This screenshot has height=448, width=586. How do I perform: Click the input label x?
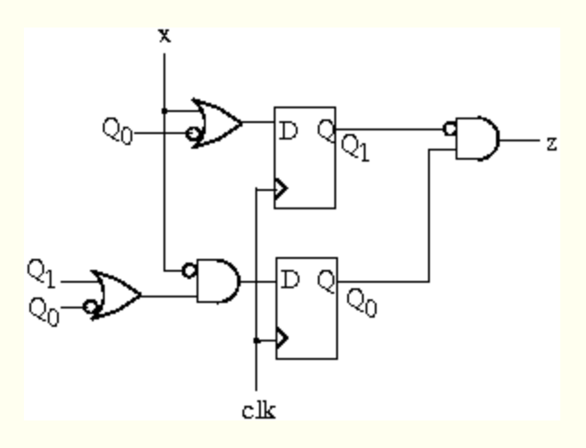pos(164,35)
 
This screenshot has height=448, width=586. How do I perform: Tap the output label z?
pos(551,142)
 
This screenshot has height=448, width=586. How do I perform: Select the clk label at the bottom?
pos(258,410)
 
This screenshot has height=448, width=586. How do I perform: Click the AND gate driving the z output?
pos(479,140)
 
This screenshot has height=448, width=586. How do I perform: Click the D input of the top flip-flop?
pos(288,132)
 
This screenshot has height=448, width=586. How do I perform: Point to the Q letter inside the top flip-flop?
pos(325,131)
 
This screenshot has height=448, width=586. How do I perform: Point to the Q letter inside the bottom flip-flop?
pos(327,280)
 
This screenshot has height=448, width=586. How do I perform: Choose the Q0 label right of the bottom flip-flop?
pos(361,302)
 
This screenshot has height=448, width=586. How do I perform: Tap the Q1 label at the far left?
pos(40,271)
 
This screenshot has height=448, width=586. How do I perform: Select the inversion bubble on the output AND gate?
pos(450,129)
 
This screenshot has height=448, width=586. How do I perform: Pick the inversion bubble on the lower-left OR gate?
pos(90,308)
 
